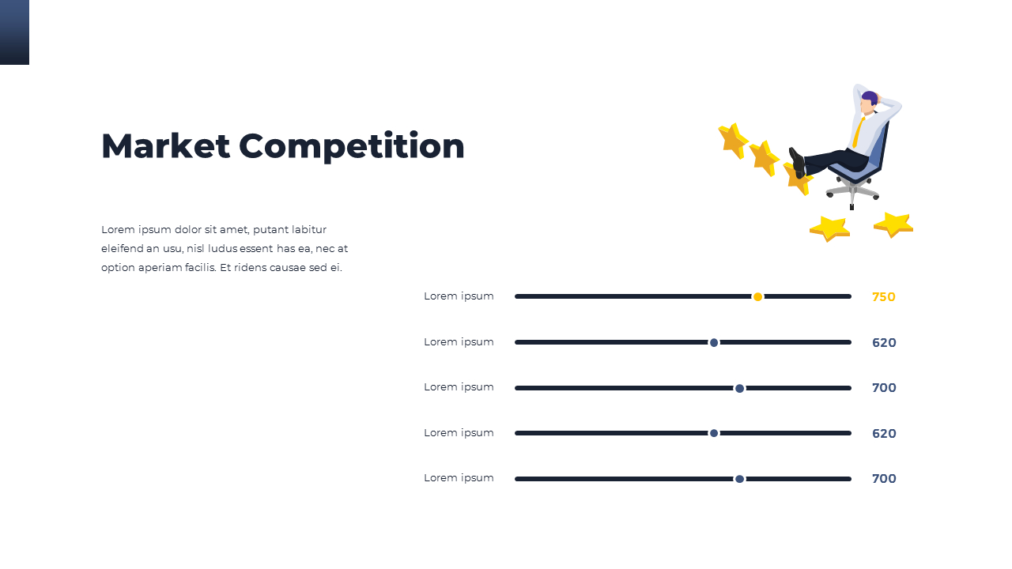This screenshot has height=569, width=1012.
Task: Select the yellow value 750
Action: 883,297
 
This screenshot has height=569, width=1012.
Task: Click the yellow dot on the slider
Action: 757,296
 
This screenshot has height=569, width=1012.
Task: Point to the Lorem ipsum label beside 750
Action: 459,296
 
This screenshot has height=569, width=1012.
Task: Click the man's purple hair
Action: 870,97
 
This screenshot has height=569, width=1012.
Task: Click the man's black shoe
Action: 797,161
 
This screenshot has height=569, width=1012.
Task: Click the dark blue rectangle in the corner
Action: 14,32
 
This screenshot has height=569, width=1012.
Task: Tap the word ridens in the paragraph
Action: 252,267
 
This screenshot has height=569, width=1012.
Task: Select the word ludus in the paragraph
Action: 222,248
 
